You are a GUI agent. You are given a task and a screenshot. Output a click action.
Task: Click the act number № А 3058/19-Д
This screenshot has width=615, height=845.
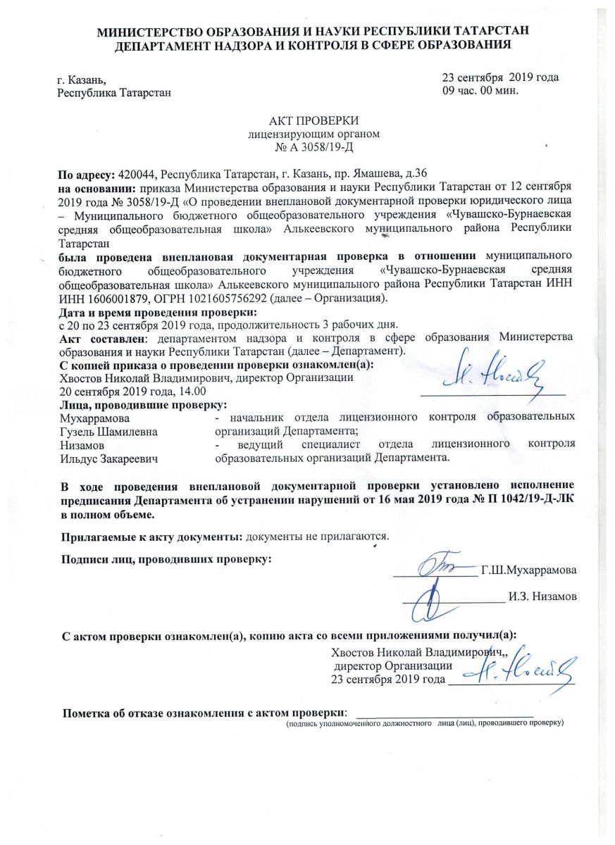coord(313,148)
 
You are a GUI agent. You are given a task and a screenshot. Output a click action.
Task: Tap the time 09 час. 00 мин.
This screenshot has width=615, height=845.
coord(480,90)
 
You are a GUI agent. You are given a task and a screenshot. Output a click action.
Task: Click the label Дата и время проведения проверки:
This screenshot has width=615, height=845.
coord(156,311)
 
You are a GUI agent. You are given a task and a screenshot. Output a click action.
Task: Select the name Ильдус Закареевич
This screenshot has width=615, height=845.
coord(108,458)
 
